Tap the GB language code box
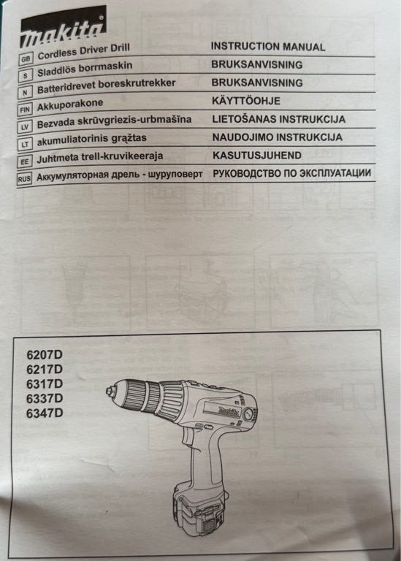[x=26, y=56]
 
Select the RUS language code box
[x=24, y=178]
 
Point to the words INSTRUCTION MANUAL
[x=268, y=46]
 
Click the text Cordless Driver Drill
[x=83, y=53]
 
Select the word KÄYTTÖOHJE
[x=246, y=101]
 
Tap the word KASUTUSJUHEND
[x=257, y=156]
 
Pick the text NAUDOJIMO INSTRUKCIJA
[x=278, y=137]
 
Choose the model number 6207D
[x=45, y=355]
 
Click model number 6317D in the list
[x=45, y=384]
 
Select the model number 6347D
[x=45, y=413]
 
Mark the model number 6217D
[x=45, y=370]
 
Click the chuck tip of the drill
[x=111, y=392]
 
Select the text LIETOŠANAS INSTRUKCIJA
[x=278, y=119]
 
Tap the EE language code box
[x=24, y=159]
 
